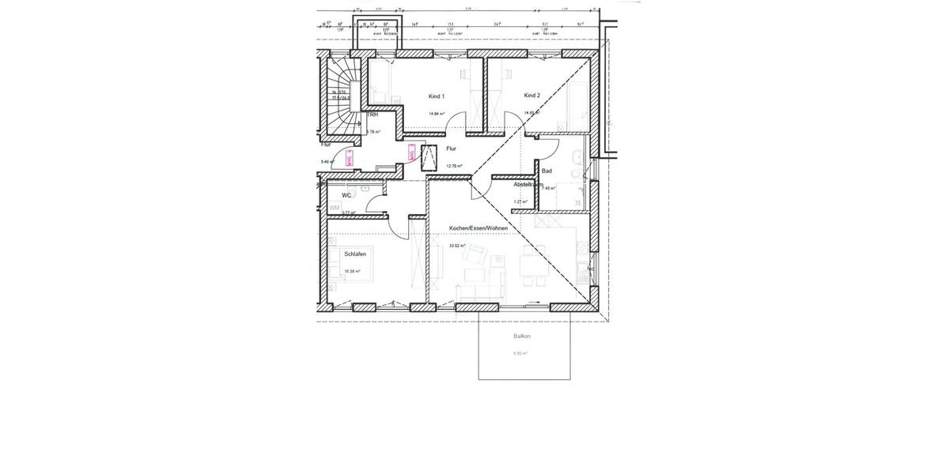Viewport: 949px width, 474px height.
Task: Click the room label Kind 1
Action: click(x=437, y=96)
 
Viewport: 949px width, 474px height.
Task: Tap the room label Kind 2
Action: click(x=531, y=96)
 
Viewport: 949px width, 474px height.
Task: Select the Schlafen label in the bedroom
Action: click(x=354, y=254)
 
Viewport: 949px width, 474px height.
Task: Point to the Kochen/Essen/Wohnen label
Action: click(x=478, y=228)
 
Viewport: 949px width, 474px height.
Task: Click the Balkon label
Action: click(x=522, y=337)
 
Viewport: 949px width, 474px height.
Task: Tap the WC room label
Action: click(x=346, y=194)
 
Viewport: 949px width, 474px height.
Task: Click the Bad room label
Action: click(x=546, y=171)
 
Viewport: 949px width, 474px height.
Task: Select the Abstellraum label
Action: click(x=527, y=184)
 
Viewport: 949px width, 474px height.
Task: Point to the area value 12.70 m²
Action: click(x=454, y=166)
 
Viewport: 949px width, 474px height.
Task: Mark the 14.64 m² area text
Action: click(x=436, y=114)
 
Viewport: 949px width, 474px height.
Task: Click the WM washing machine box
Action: click(x=335, y=208)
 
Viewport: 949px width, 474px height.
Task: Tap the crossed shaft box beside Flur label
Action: click(x=431, y=157)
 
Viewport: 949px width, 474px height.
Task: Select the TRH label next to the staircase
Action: click(x=372, y=115)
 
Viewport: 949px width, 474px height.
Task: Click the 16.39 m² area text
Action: click(x=352, y=271)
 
